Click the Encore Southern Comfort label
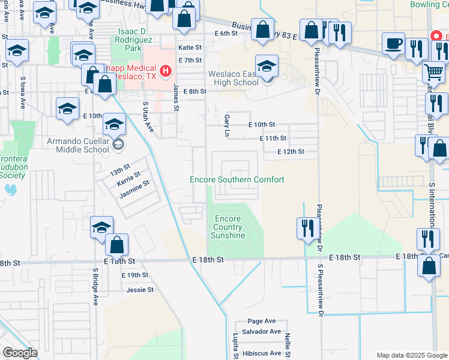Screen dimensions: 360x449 (x=237, y=179)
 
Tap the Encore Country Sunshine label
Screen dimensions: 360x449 (x=228, y=227)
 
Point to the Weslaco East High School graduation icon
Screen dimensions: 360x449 (x=267, y=65)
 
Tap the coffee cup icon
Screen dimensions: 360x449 (x=394, y=44)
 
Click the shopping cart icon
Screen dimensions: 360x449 (x=433, y=72)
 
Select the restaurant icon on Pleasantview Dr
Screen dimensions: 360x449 (x=306, y=228)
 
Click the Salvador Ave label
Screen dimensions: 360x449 (x=262, y=331)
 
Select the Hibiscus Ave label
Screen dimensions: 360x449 (x=262, y=353)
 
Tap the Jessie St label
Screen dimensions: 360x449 (x=140, y=289)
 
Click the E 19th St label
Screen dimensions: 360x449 (x=134, y=275)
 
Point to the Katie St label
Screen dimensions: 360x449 (x=189, y=47)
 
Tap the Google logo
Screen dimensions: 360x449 (x=20, y=353)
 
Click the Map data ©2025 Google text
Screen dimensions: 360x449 (x=411, y=355)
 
